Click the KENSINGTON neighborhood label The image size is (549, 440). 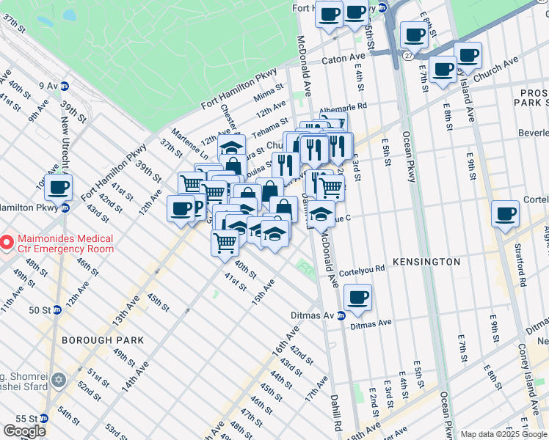pyautogui.click(x=426, y=262)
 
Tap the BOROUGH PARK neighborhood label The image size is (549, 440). pyautogui.click(x=102, y=340)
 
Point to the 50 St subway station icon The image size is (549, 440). pyautogui.click(x=57, y=310)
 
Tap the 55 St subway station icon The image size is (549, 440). pyautogui.click(x=44, y=418)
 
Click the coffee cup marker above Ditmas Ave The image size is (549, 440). pyautogui.click(x=357, y=298)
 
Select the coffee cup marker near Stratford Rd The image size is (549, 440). pyautogui.click(x=505, y=214)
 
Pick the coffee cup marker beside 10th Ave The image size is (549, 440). pyautogui.click(x=58, y=188)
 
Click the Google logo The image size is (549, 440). pyautogui.click(x=24, y=431)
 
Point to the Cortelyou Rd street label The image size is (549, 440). pyautogui.click(x=361, y=269)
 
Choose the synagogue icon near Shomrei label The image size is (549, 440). pyautogui.click(x=59, y=380)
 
